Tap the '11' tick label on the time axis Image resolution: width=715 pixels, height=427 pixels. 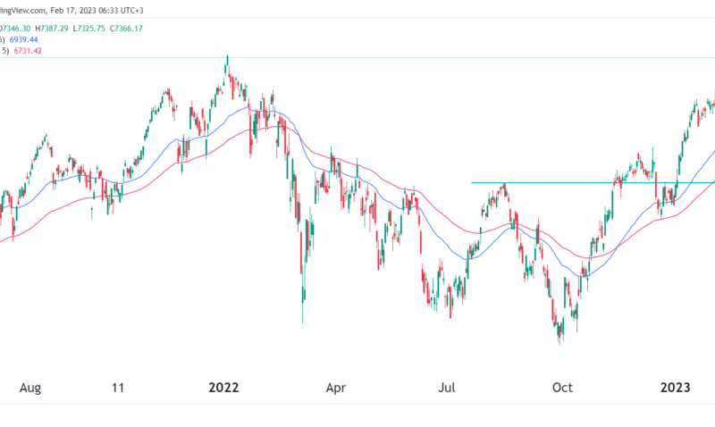(117, 387)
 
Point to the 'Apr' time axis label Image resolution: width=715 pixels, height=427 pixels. (336, 387)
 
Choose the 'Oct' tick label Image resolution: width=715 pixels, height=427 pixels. (562, 387)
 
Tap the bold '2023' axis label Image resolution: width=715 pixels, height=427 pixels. (675, 387)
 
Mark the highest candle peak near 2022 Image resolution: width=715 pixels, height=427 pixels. (227, 55)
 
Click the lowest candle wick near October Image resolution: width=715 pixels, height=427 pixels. (560, 344)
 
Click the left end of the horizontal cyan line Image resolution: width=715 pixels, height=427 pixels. (472, 183)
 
